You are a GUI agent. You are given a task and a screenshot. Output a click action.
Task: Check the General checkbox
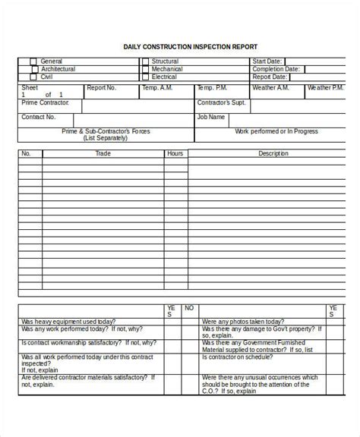coord(33,61)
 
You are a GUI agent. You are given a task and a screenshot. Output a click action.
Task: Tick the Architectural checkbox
coord(33,69)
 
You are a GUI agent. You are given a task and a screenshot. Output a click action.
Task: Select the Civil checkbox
coord(33,77)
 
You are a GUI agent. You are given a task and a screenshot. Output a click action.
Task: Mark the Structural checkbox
coord(144,61)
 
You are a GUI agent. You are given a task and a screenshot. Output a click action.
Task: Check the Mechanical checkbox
coord(144,69)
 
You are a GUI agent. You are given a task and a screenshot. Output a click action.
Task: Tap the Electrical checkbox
coord(144,77)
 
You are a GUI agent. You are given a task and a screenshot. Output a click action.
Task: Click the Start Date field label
coord(267,61)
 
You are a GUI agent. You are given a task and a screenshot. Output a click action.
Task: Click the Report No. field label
coord(101,88)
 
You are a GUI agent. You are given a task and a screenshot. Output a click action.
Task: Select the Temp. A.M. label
coord(157,88)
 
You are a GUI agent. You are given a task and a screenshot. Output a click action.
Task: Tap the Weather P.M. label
coord(326,88)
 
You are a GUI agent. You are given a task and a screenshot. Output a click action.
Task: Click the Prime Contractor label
coord(46,102)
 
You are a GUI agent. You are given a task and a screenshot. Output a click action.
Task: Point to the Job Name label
coord(211,117)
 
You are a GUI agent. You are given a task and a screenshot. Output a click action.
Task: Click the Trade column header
coord(103,153)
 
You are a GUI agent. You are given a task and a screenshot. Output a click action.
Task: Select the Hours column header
coord(175,153)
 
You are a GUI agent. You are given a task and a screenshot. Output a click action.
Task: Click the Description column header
coord(273,153)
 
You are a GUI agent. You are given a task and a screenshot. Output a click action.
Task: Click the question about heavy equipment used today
coord(68,321)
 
